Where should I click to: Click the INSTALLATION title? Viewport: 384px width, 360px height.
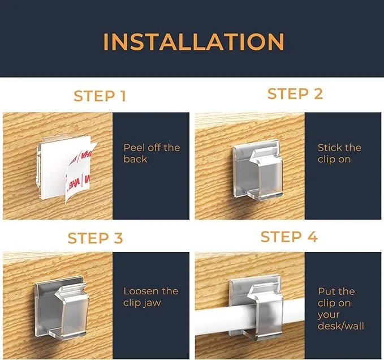193,42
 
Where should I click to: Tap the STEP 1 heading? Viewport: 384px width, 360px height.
100,96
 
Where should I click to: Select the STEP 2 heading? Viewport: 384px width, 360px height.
295,94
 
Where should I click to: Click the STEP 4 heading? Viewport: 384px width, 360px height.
289,236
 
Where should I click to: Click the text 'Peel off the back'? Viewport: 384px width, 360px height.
152,153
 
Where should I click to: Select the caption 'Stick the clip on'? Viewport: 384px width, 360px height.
339,153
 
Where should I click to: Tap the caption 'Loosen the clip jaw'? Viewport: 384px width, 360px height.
150,297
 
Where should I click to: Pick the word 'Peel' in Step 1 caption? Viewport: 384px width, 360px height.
134,148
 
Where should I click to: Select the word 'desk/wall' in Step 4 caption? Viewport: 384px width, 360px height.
340,326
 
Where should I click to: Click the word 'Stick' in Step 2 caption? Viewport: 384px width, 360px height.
330,148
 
